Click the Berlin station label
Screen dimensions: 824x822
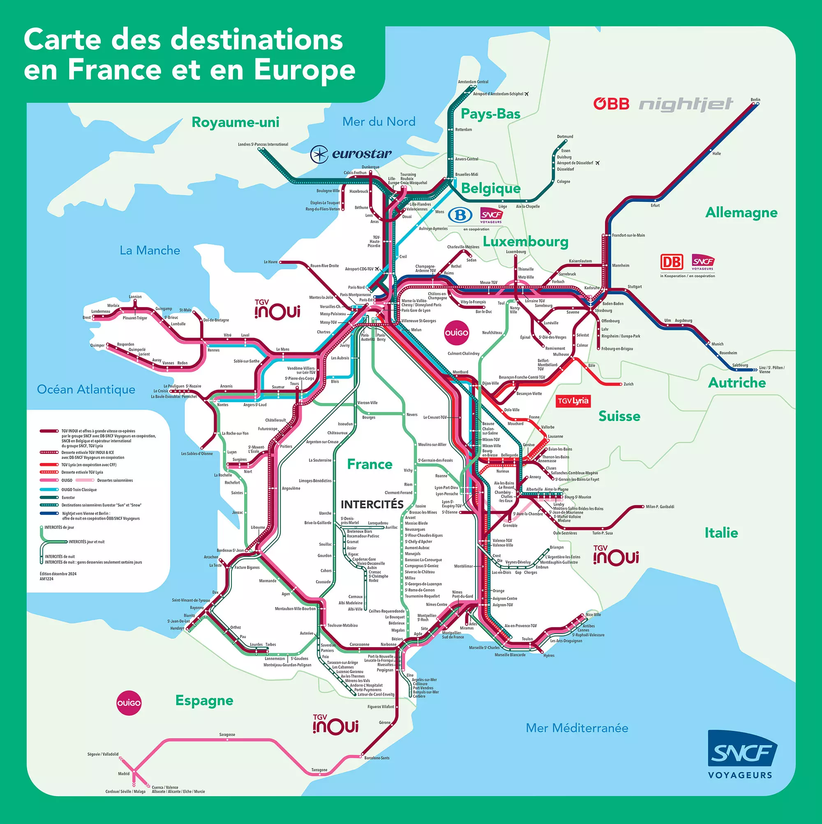point(755,100)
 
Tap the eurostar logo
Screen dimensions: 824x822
point(351,154)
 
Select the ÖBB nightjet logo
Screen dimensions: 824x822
point(663,104)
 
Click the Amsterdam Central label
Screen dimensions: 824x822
point(473,82)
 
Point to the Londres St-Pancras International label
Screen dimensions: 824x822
point(263,145)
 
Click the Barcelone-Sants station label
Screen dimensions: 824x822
point(376,758)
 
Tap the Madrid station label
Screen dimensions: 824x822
point(124,774)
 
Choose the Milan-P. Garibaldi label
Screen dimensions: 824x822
point(660,507)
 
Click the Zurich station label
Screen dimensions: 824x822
point(628,384)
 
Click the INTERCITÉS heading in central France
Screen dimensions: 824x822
point(372,505)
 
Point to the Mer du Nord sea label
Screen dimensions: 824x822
point(379,122)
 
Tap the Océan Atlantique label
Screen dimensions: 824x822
point(86,389)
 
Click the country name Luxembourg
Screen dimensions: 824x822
point(525,242)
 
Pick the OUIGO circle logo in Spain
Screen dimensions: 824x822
point(129,703)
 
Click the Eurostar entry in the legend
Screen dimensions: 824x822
point(68,498)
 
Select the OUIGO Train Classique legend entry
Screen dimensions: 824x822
point(79,490)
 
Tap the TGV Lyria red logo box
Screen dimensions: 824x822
point(573,401)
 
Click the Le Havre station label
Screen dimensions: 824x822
point(270,262)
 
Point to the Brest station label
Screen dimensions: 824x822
point(87,318)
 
